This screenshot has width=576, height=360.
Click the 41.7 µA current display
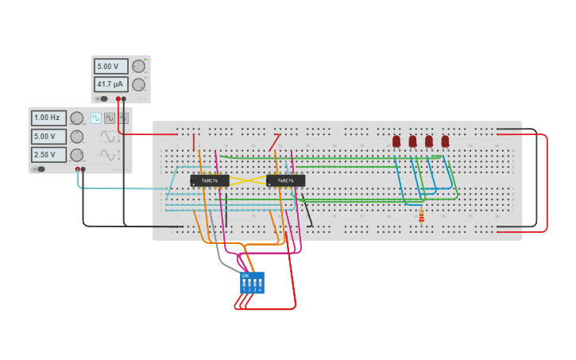tap(110, 84)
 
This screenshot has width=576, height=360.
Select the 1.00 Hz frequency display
tap(48, 118)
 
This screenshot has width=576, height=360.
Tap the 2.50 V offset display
tap(48, 155)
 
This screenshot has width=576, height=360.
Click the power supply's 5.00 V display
tap(110, 67)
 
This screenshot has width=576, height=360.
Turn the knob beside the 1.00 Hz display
tap(76, 118)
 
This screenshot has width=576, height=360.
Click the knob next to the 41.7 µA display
tap(138, 84)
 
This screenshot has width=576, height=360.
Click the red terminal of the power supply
tap(118, 99)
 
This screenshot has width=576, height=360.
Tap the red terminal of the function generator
tap(78, 168)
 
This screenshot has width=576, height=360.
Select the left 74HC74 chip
tap(210, 180)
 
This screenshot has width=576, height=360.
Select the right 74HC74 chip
tap(285, 180)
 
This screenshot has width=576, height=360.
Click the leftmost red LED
tap(396, 141)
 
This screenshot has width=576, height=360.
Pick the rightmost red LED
tap(445, 141)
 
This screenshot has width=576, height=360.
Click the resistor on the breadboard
tap(421, 215)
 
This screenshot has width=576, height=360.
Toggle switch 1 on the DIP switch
tap(244, 283)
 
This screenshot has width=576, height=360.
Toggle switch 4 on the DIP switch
tap(260, 283)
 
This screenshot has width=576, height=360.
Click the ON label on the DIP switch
tap(245, 276)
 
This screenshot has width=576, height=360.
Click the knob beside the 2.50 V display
tap(76, 155)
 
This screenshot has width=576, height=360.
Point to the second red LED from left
tap(412, 141)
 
